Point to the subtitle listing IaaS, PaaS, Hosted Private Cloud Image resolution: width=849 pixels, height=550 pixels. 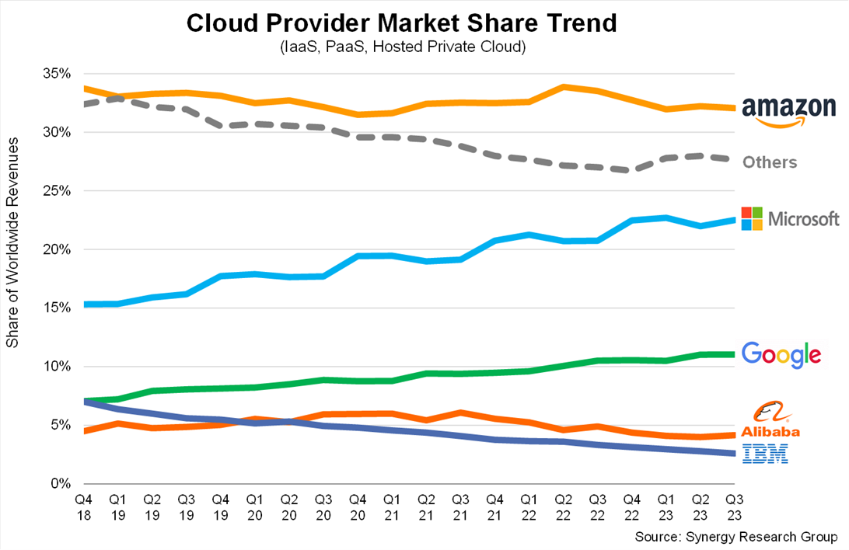403,47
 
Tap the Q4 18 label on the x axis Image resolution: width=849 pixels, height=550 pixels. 83,506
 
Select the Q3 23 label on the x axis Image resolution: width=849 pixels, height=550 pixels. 734,506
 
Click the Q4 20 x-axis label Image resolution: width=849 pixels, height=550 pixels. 358,506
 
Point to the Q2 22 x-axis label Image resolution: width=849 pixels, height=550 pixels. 563,506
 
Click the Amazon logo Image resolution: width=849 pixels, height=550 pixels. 787,110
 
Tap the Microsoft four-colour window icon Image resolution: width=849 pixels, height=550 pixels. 753,218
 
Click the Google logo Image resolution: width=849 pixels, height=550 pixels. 781,354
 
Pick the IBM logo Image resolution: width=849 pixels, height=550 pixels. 765,454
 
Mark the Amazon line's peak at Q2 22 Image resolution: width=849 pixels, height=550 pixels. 563,86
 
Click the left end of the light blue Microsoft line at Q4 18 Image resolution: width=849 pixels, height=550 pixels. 84,304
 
